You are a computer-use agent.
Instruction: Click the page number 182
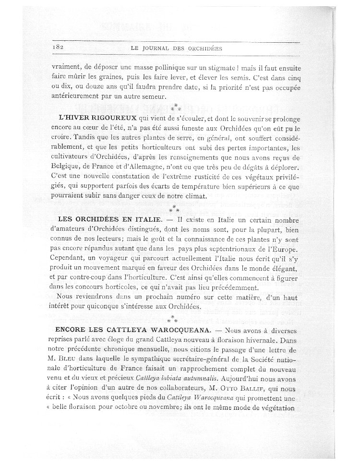click(57, 48)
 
